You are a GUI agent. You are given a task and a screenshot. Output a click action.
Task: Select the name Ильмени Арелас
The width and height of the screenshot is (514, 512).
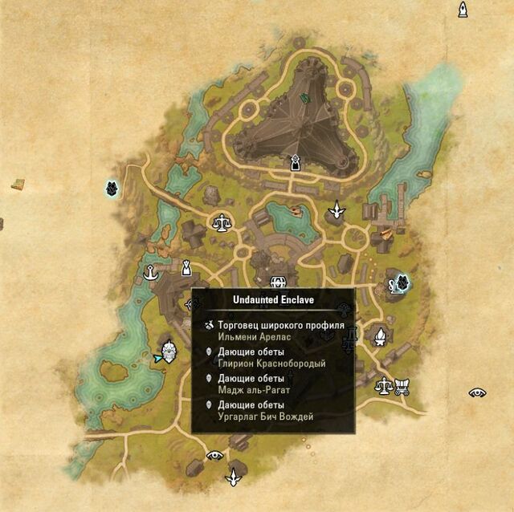coord(252,336)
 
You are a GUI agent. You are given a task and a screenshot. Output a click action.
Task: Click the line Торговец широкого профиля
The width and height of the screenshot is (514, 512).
coord(280,325)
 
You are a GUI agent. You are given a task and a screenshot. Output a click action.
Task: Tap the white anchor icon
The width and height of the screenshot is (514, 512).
coord(149,274)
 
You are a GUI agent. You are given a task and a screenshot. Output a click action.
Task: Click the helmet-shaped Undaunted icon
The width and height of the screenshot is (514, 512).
coord(169,351)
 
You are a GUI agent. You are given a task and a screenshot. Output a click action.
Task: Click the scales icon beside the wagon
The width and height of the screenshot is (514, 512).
coord(384,386)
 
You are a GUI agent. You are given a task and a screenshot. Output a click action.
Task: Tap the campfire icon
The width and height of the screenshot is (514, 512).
coord(381,335)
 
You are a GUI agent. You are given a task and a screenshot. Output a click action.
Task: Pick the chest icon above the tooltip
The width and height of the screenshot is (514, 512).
coord(279,282)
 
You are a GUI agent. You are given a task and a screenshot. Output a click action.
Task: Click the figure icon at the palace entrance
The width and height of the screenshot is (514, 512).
coord(296,164)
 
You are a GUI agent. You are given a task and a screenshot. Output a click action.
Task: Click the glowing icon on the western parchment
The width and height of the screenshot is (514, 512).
coord(112,189)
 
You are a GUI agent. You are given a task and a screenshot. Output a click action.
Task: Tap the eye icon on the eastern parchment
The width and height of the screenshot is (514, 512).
coord(478,392)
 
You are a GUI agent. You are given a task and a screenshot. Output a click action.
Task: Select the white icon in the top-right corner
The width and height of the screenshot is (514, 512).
coord(463,9)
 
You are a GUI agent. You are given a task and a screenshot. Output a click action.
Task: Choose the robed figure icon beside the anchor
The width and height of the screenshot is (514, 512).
coord(186,266)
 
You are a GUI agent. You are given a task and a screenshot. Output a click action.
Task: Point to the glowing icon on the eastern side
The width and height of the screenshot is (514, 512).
coord(399,282)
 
